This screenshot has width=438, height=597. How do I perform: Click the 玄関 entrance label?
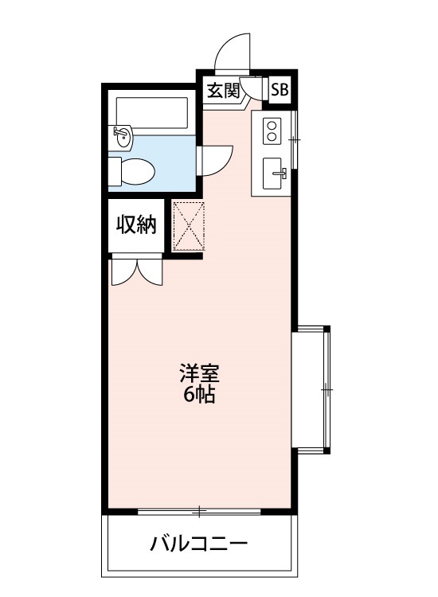[x=224, y=90]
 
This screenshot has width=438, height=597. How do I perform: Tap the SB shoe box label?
[x=280, y=90]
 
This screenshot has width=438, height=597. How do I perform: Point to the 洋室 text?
[x=199, y=373]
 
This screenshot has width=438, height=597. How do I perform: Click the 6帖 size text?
[x=199, y=394]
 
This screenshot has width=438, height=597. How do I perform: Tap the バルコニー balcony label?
[x=199, y=545]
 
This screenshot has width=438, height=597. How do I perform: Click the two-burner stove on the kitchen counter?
[x=272, y=130]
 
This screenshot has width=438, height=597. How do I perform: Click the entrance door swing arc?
[x=233, y=52]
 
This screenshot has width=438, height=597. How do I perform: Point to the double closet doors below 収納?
[x=137, y=271]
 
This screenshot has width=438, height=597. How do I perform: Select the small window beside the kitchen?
[x=294, y=140]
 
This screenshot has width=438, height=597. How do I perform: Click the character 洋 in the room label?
[x=188, y=373]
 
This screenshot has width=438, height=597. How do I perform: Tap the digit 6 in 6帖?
[x=189, y=395]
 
